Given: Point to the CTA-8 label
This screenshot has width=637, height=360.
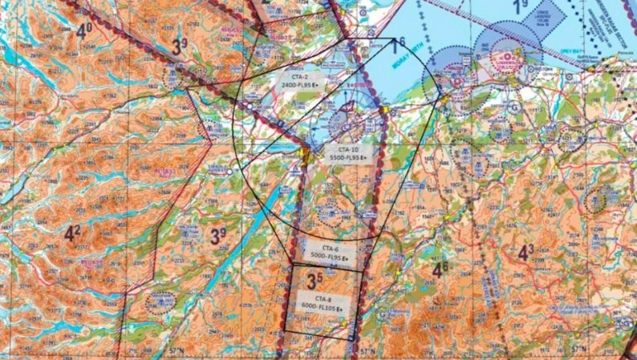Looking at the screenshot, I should click(323, 299).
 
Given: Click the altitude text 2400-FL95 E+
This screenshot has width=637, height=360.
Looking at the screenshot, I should click(298, 83).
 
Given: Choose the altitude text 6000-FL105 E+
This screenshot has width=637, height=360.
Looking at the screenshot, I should click(323, 308).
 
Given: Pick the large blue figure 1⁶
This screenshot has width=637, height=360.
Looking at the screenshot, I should click(398, 46).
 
